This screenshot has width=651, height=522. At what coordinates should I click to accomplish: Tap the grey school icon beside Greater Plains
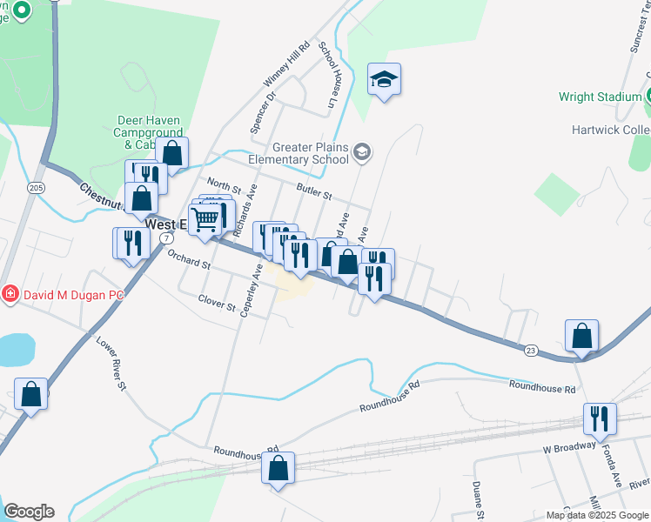point(362,154)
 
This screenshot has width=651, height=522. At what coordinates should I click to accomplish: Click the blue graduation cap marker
point(384,80)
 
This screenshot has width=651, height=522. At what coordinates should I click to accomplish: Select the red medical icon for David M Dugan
point(10,295)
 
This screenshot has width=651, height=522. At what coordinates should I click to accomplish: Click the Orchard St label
point(189,259)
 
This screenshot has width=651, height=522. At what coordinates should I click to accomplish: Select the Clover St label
point(217,304)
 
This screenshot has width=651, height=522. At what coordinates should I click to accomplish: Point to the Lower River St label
point(112,363)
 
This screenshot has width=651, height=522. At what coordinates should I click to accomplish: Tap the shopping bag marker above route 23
point(581,335)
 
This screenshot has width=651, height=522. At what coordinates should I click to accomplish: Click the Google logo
point(29,512)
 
